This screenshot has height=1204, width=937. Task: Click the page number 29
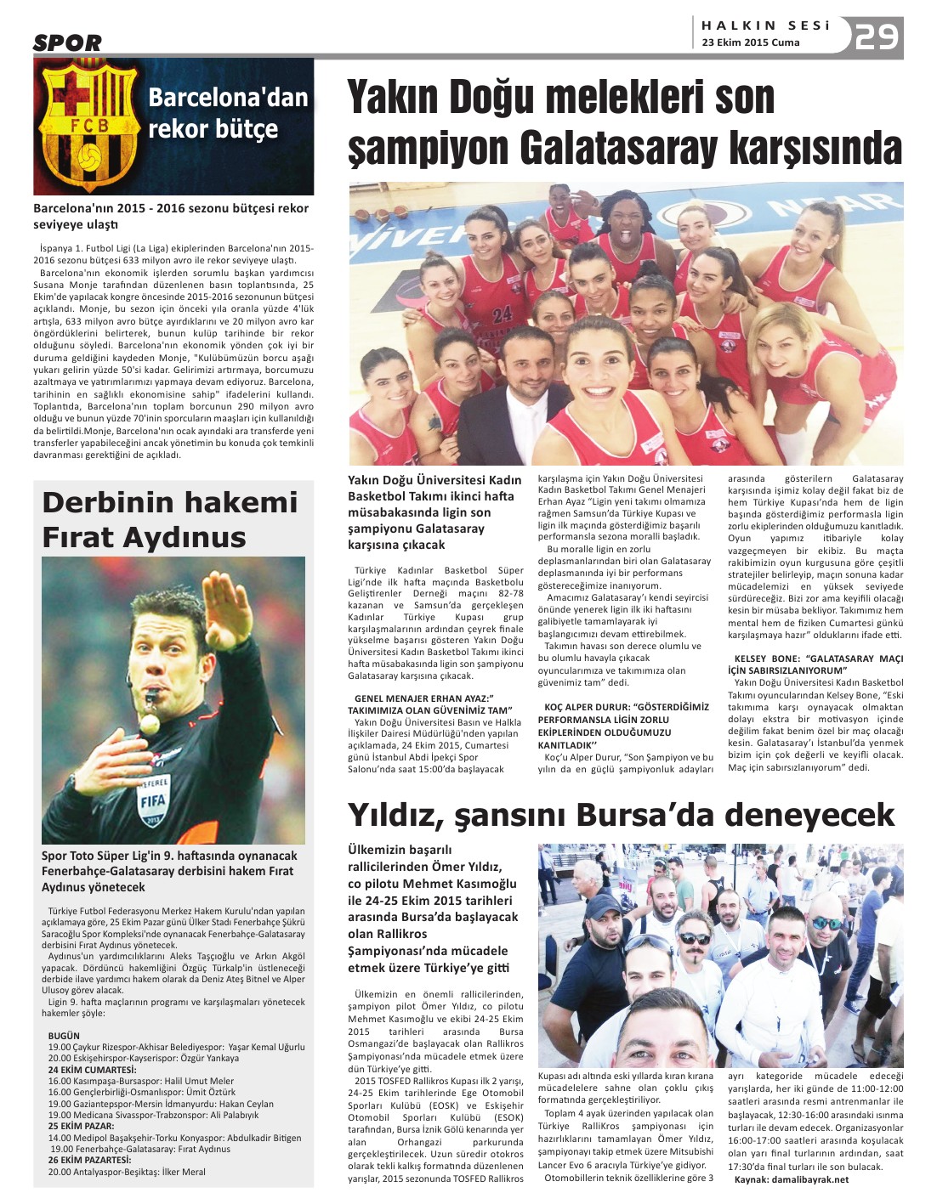[x=876, y=37]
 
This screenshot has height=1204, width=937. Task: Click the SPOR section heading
[x=67, y=42]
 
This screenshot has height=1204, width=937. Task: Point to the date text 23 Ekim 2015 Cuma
[x=750, y=42]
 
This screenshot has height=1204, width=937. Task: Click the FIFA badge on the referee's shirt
[x=154, y=799]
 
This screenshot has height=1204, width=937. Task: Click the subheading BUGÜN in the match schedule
[x=64, y=1036]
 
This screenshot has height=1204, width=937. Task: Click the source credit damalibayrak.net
[x=804, y=1179]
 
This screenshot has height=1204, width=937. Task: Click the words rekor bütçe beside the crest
[x=213, y=129]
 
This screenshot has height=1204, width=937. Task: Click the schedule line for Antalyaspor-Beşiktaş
[x=126, y=1172]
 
